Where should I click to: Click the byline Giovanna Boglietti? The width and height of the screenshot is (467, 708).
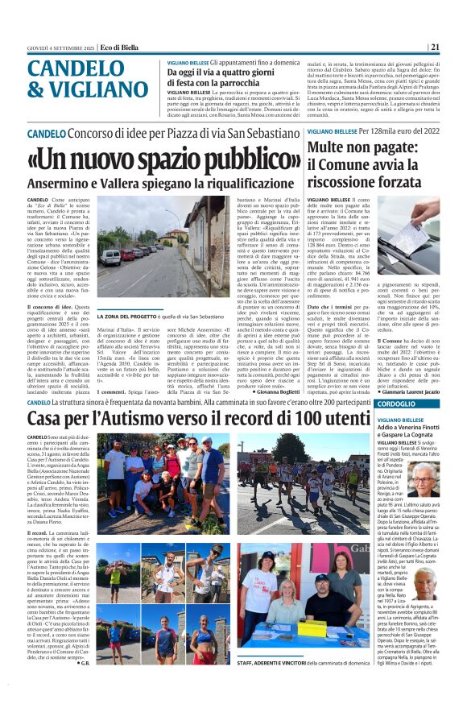click(x=270, y=391)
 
